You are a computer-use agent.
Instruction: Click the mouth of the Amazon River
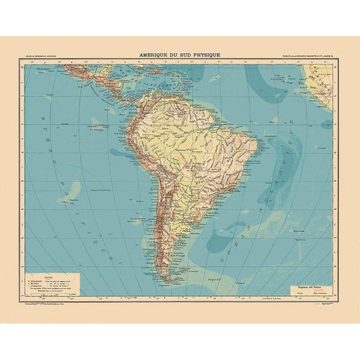[217, 123]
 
